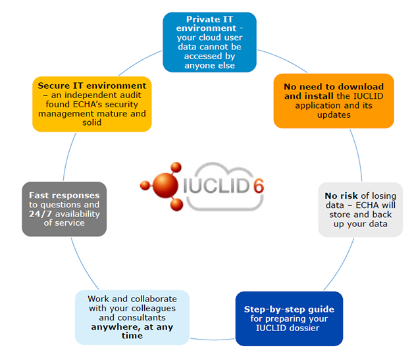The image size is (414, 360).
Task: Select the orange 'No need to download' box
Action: click(x=333, y=101)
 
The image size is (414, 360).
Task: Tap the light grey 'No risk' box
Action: click(x=359, y=209)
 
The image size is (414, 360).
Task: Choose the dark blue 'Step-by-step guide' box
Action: click(x=289, y=319)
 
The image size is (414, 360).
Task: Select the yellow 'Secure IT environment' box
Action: click(x=91, y=104)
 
